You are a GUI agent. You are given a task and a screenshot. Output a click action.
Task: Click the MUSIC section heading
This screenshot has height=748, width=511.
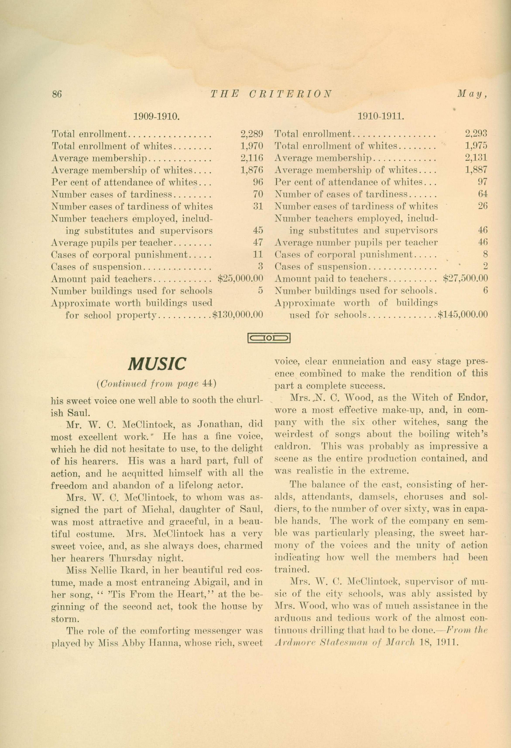tap(157, 364)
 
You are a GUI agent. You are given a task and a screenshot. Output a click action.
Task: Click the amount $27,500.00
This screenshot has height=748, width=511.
tap(465, 278)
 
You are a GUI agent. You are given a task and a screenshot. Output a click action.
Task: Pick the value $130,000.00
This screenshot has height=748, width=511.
tap(238, 315)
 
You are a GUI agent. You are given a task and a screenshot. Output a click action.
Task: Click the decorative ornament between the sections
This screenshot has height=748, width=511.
tap(269, 338)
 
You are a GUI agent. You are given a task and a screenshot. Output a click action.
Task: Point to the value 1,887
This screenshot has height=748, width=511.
tap(476, 170)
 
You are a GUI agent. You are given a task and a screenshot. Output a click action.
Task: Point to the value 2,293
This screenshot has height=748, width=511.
tap(476, 134)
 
